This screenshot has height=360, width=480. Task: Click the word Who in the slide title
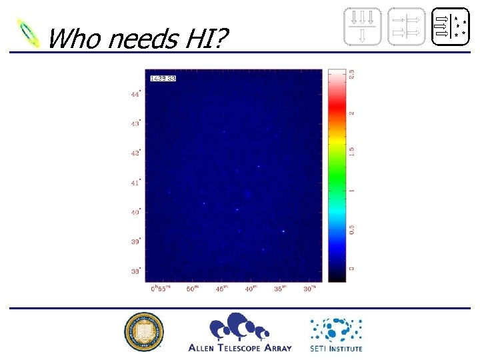(73, 39)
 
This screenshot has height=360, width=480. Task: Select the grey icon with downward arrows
(363, 27)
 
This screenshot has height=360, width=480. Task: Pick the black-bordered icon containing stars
(451, 27)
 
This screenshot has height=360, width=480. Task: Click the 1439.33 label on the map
(163, 79)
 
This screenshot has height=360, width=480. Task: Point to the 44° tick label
(135, 94)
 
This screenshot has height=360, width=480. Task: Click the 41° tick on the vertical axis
(135, 182)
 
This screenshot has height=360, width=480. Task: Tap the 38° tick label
(135, 271)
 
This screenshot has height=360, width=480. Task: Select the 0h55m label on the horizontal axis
(159, 288)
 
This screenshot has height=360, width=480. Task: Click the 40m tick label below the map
(251, 288)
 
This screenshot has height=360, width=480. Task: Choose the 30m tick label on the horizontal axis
(309, 288)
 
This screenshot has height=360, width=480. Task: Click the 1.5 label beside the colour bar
(353, 151)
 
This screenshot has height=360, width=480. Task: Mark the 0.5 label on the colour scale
(353, 229)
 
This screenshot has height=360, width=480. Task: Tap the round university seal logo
(143, 331)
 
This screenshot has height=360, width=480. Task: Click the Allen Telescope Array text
(239, 348)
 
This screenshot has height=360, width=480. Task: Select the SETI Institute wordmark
(336, 348)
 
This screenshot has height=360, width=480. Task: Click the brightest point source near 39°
(283, 231)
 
